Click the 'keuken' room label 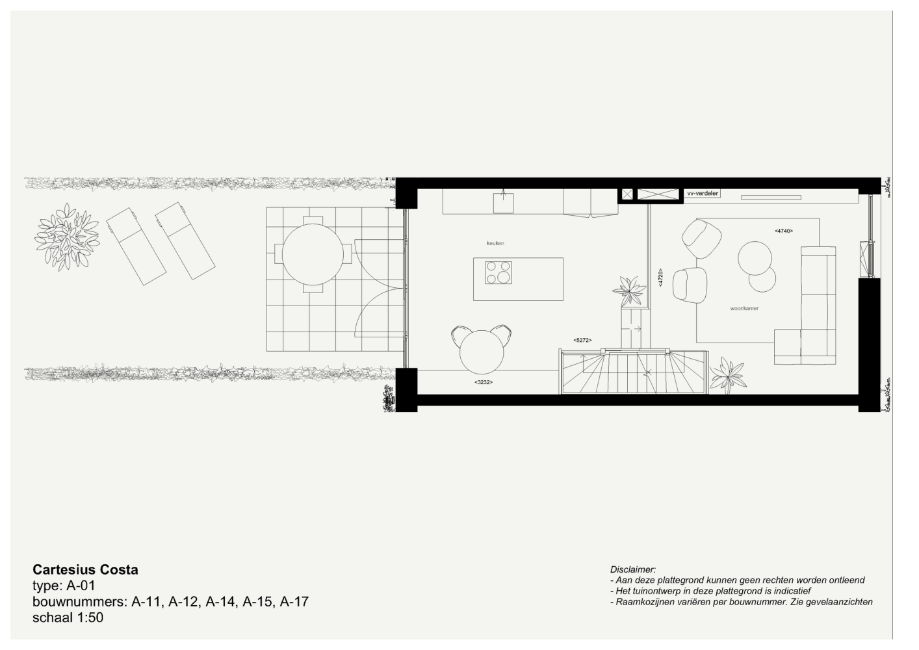[x=495, y=243]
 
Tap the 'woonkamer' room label [x=744, y=308]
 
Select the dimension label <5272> [x=582, y=340]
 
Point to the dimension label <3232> [x=484, y=382]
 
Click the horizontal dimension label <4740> [x=784, y=231]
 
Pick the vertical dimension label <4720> [x=660, y=278]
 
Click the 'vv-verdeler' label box [x=703, y=193]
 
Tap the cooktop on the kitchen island [x=498, y=272]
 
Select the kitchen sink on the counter [x=503, y=203]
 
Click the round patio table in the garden [x=313, y=254]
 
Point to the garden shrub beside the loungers [x=67, y=237]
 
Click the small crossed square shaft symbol [x=627, y=194]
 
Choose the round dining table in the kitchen [x=481, y=352]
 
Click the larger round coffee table [x=755, y=258]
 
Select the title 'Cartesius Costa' [x=85, y=569]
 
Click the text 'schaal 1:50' [x=68, y=617]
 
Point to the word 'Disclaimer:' [x=632, y=569]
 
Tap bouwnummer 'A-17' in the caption [x=294, y=602]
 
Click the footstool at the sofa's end [x=787, y=346]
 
